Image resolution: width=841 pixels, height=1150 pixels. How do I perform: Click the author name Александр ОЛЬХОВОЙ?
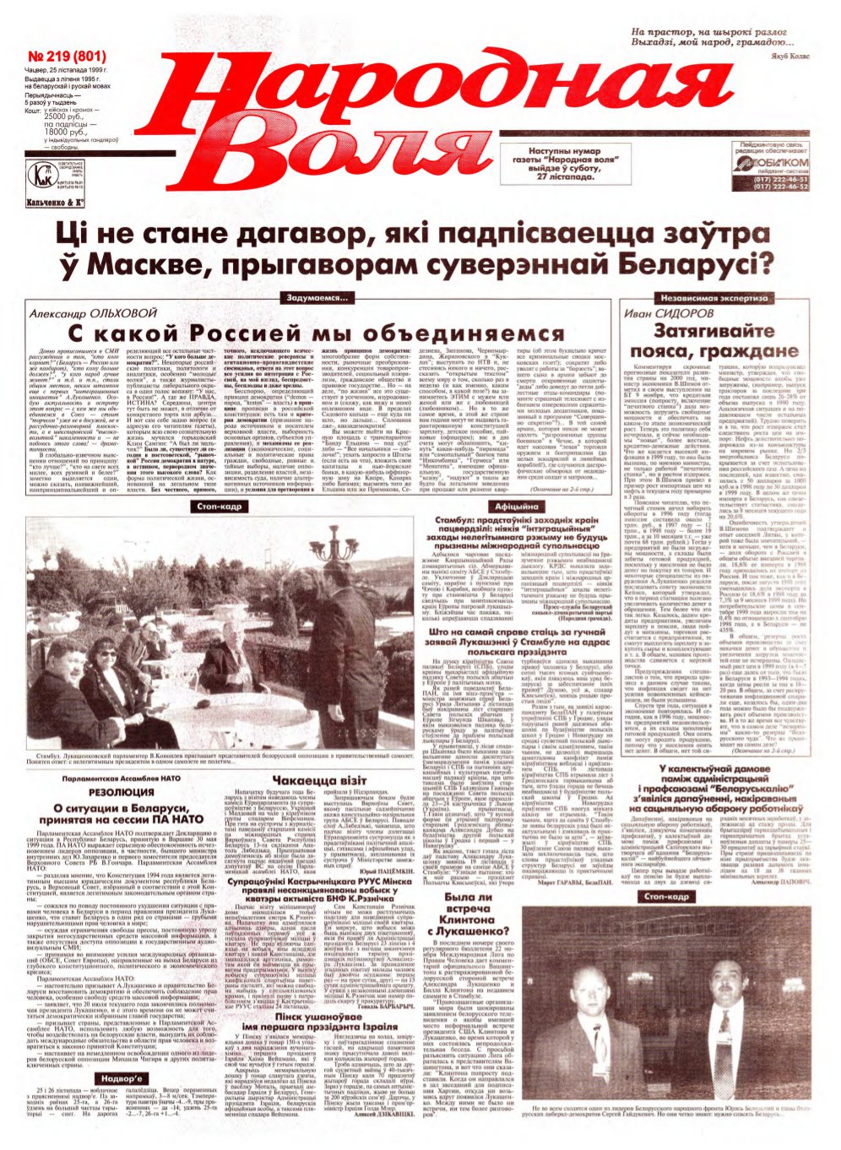94,313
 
